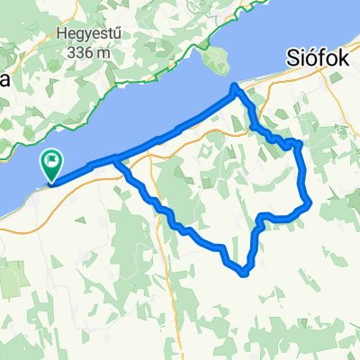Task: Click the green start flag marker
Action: click(x=51, y=165)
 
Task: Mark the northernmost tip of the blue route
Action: click(x=236, y=86)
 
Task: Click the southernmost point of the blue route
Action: click(x=244, y=271)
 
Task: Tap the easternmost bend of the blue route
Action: click(x=310, y=202)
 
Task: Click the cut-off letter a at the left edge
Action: click(x=4, y=79)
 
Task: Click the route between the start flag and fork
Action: click(x=85, y=169)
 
